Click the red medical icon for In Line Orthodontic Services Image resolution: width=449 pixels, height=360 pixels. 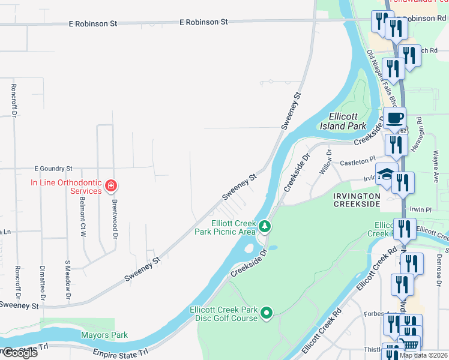click(110, 187)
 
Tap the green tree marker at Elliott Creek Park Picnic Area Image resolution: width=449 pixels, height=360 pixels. click(265, 227)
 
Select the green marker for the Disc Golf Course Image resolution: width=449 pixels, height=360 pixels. click(267, 313)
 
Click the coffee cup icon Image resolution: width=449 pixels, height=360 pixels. click(394, 118)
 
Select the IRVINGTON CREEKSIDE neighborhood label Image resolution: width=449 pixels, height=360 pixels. click(357, 200)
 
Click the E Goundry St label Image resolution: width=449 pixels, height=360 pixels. click(53, 169)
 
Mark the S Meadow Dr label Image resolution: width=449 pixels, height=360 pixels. click(68, 280)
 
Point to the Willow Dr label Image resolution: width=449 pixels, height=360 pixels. click(326, 163)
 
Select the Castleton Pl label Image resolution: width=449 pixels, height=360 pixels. click(358, 161)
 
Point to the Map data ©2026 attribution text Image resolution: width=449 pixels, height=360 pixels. click(423, 355)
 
